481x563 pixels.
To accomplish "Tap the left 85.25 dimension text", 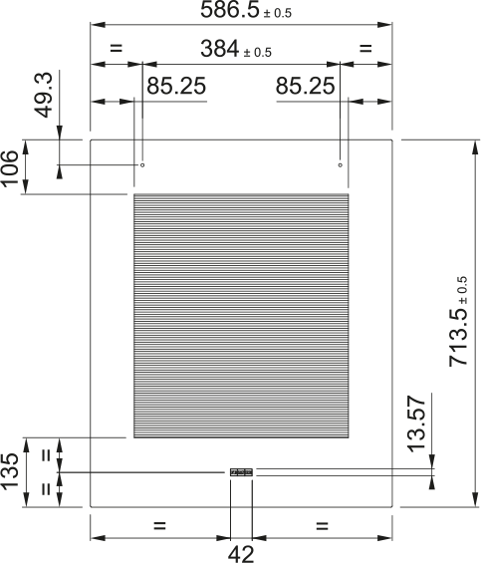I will (176, 87).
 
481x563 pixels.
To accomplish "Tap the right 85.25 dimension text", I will (305, 87).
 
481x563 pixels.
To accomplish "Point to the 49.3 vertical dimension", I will (43, 95).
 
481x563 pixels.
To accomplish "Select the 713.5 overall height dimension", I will (459, 324).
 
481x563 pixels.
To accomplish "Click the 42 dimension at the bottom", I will (240, 553).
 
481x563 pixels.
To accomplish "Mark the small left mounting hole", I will (142, 164).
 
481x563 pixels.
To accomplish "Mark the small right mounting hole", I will (341, 164).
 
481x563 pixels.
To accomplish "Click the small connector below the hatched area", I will (241, 472).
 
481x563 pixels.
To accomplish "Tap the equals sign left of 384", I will (116, 48).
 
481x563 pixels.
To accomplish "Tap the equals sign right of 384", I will (364, 48).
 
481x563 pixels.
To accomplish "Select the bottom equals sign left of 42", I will (159, 525).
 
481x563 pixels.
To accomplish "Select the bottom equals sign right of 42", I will (323, 525).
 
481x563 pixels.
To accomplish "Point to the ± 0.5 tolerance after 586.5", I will (278, 14).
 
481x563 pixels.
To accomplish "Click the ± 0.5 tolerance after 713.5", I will (461, 288).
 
